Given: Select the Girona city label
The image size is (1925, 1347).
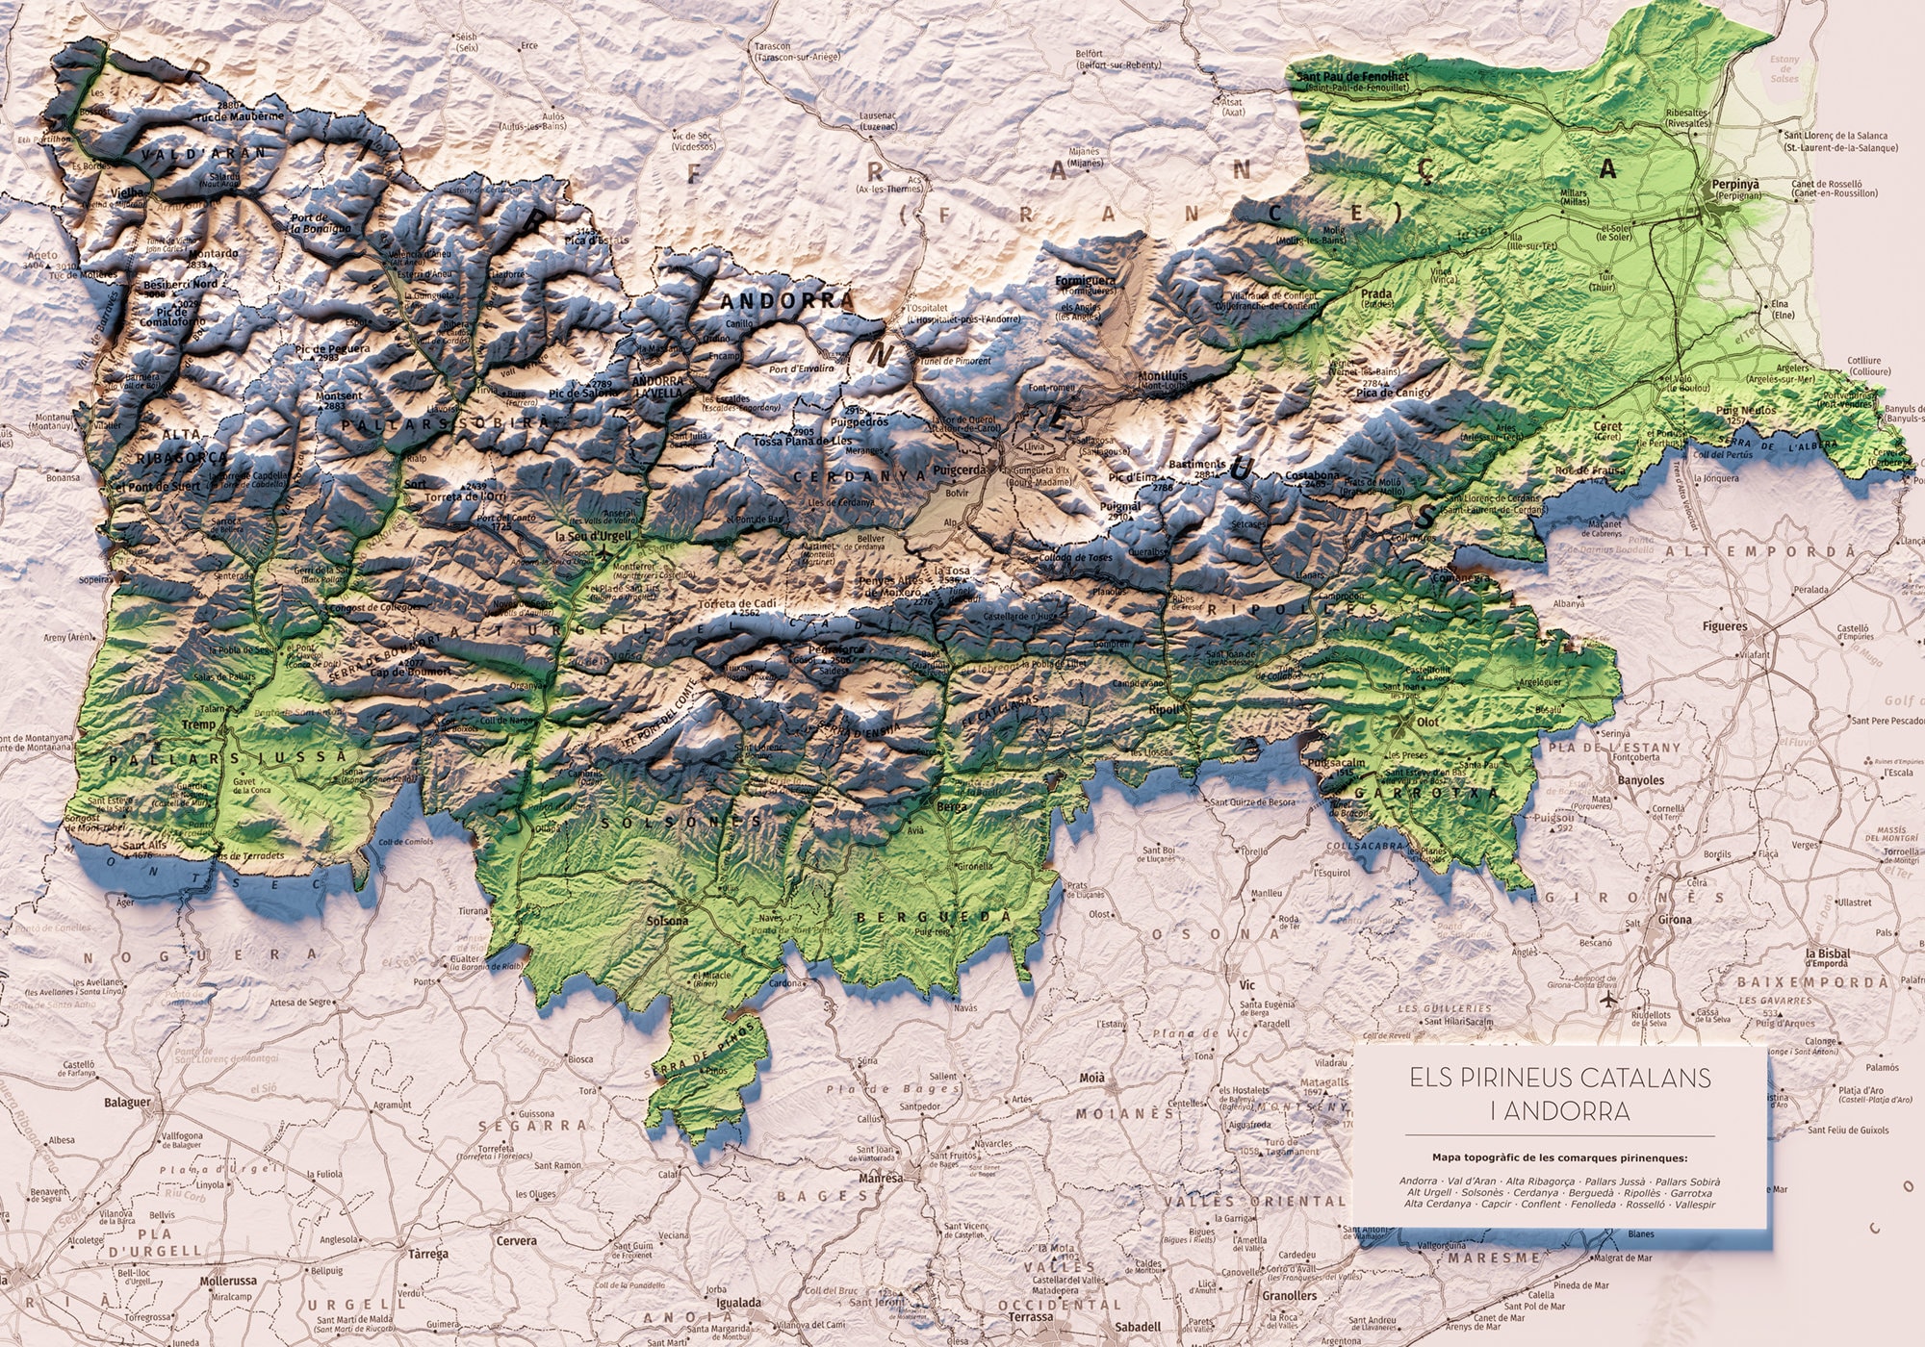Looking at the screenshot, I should coord(1675,919).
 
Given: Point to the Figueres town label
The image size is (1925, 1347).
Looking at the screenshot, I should coord(1725,626).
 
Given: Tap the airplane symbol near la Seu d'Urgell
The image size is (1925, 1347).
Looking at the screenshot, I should coord(603,552).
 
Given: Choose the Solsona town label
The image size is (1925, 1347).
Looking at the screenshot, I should coord(668,921).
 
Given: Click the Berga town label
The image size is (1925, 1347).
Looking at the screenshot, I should coord(951,806).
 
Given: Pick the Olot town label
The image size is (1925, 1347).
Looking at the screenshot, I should coord(1428,722).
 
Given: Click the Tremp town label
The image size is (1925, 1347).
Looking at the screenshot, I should coord(199,724).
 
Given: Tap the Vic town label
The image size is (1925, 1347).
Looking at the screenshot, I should coord(1248,985).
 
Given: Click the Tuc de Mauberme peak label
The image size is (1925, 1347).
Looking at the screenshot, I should coord(241,115).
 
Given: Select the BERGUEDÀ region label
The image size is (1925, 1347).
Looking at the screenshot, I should coord(934,918).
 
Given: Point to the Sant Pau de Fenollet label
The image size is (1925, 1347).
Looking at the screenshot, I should coord(1352,76).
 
